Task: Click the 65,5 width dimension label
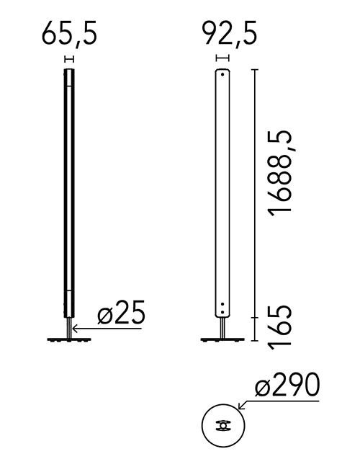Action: (x=69, y=34)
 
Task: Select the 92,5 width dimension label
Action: (x=230, y=33)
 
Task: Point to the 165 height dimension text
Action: (x=279, y=328)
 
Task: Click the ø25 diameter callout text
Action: (x=121, y=312)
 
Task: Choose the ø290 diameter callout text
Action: (x=287, y=385)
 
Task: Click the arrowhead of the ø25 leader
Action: (x=74, y=329)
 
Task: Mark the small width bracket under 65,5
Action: (x=69, y=58)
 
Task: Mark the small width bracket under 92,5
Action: (x=223, y=58)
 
